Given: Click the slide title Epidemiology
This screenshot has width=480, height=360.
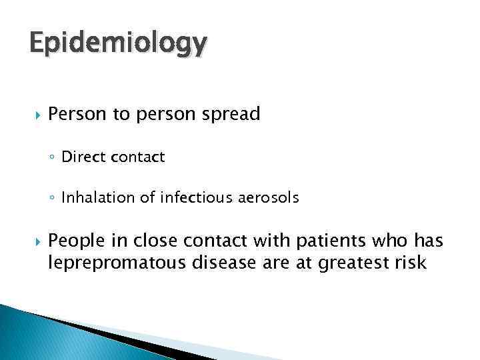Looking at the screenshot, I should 118,44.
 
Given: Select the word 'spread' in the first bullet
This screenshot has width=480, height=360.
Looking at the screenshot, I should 234,115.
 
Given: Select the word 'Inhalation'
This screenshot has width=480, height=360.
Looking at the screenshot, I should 92,197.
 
